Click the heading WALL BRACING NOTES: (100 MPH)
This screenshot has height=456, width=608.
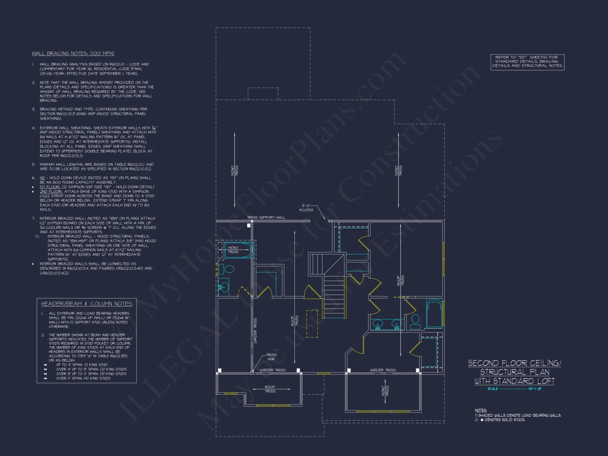coord(73,54)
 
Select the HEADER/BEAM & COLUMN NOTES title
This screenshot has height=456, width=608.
coord(87,304)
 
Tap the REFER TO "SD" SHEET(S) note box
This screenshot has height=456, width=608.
coord(527,62)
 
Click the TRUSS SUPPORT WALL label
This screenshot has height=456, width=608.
coord(266,217)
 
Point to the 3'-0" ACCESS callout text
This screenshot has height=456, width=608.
coord(306,208)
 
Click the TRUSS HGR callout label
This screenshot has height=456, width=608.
coord(271,357)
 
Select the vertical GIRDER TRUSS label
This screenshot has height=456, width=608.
coord(255,330)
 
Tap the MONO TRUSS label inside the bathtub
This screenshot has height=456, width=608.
coord(233,250)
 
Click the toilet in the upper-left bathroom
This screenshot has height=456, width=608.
coord(226,269)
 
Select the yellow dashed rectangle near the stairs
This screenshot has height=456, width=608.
coord(312,323)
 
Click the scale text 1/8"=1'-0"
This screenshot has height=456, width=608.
coord(535,389)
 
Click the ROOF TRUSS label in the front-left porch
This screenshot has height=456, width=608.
coord(270,389)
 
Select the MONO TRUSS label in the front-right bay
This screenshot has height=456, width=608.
coord(385,391)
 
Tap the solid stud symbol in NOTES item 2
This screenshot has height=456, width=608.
coord(482,420)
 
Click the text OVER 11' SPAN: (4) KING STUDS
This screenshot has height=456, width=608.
coord(83,378)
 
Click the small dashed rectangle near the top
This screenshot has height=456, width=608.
coord(263,94)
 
